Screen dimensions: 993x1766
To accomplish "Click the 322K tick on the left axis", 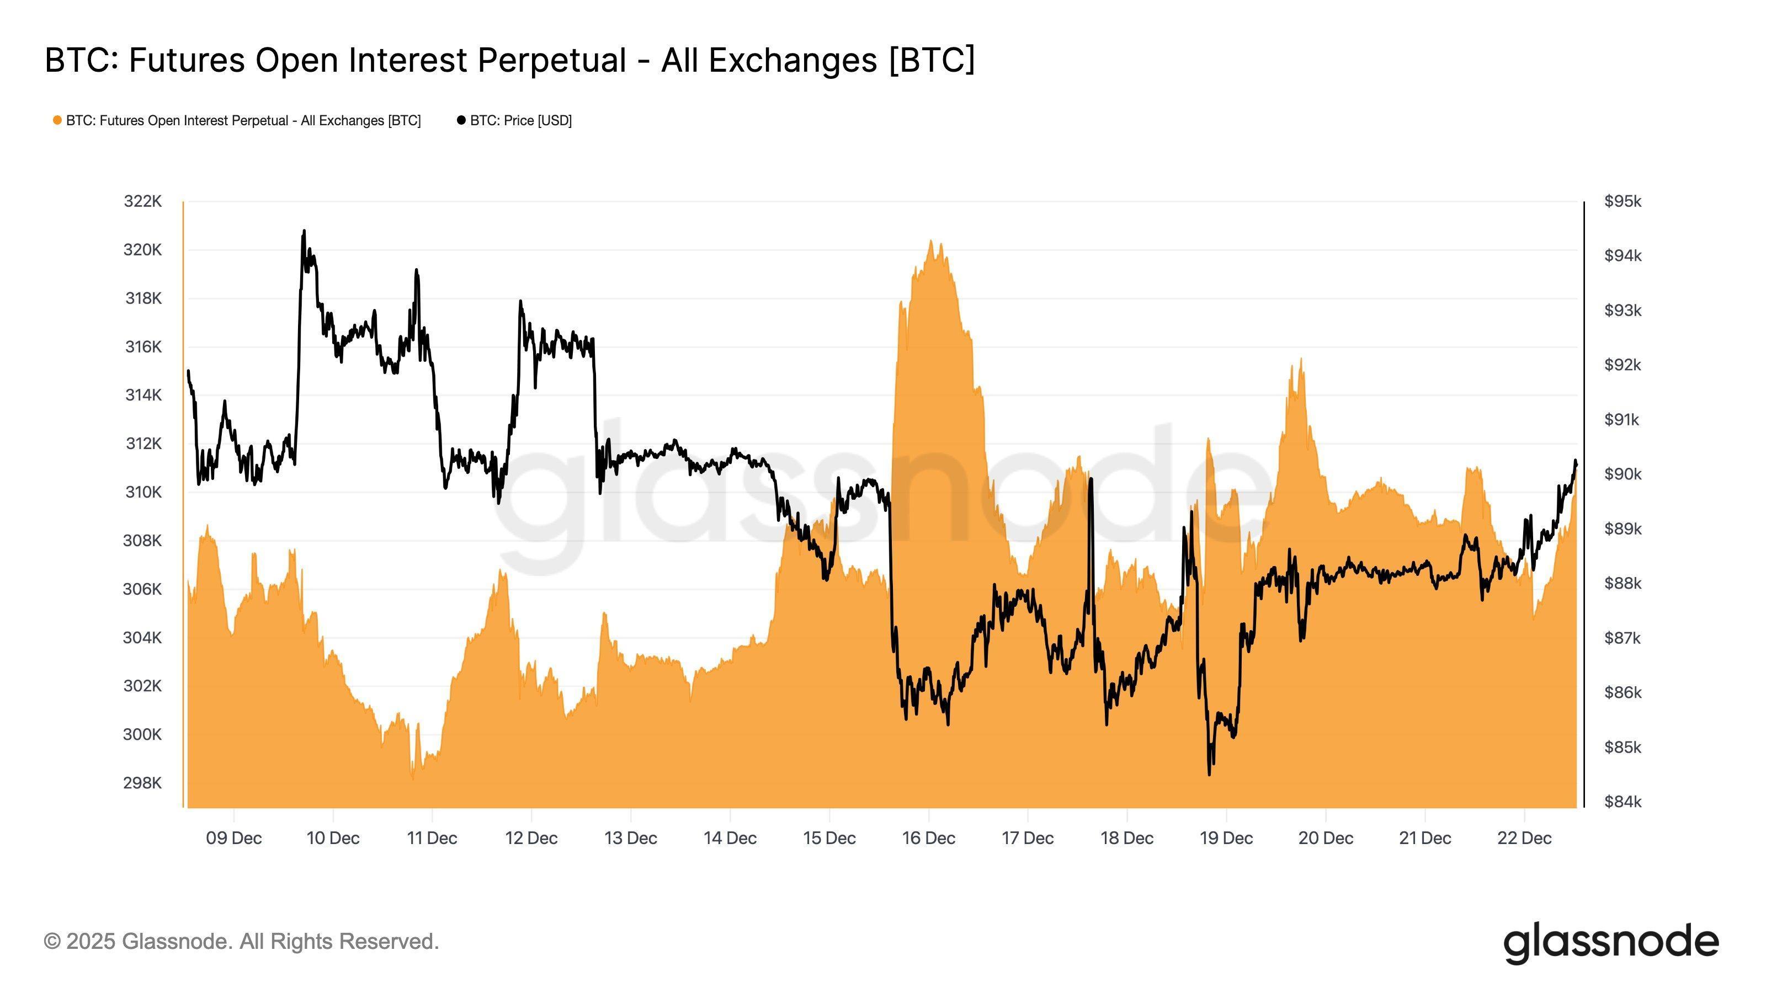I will [x=142, y=201].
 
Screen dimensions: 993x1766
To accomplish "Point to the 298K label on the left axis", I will [x=142, y=783].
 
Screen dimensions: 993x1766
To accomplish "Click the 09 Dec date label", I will [x=234, y=838].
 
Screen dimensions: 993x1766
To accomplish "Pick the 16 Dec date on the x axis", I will [x=928, y=838].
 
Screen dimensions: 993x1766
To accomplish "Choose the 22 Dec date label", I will [x=1524, y=838].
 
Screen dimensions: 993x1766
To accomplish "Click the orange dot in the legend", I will [x=57, y=121].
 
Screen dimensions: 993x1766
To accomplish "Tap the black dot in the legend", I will [x=461, y=121].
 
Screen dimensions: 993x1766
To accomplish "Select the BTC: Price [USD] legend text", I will [x=520, y=121].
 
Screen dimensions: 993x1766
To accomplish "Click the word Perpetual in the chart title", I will [x=552, y=60].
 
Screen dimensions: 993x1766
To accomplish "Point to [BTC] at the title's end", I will [x=931, y=60].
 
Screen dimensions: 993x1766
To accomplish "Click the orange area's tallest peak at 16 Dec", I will [x=931, y=241].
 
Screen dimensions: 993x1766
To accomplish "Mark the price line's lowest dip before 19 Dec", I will [x=1209, y=775].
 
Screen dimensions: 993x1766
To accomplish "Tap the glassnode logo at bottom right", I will [x=1611, y=944].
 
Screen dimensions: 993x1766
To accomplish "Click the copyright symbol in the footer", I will [x=52, y=942].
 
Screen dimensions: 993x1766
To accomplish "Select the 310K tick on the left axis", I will [x=142, y=492].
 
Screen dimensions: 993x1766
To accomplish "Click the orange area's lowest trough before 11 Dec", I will [x=413, y=778].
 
